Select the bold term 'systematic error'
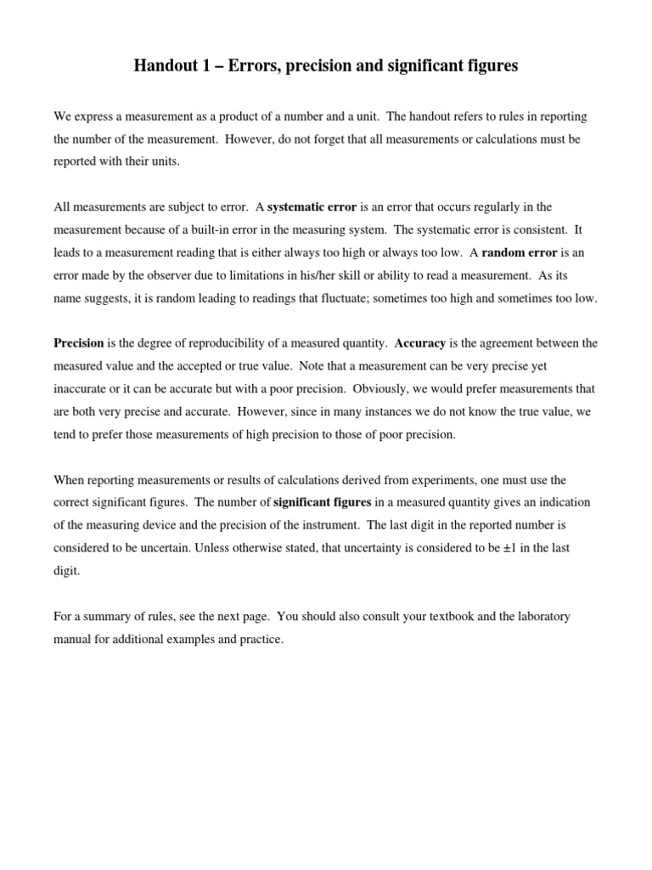click(x=312, y=207)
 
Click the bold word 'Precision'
click(x=78, y=344)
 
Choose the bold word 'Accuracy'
click(x=420, y=344)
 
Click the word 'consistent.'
click(x=540, y=230)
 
